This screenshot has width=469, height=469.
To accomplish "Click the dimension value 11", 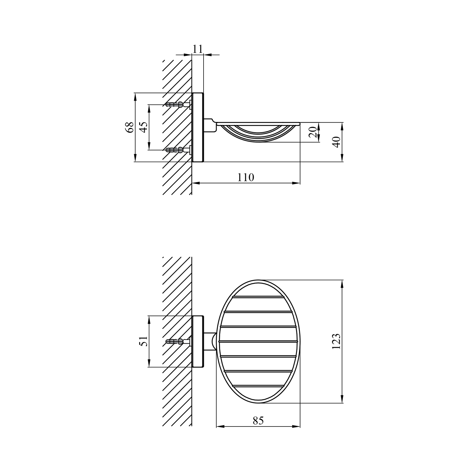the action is [198, 49].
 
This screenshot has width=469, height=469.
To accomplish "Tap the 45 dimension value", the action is [144, 127].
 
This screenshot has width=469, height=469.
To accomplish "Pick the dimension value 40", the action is [336, 142].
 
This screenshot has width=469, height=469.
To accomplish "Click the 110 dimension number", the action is [246, 177].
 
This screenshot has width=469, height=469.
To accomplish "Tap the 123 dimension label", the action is [336, 341].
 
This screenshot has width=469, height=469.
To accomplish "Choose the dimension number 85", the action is [258, 421].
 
